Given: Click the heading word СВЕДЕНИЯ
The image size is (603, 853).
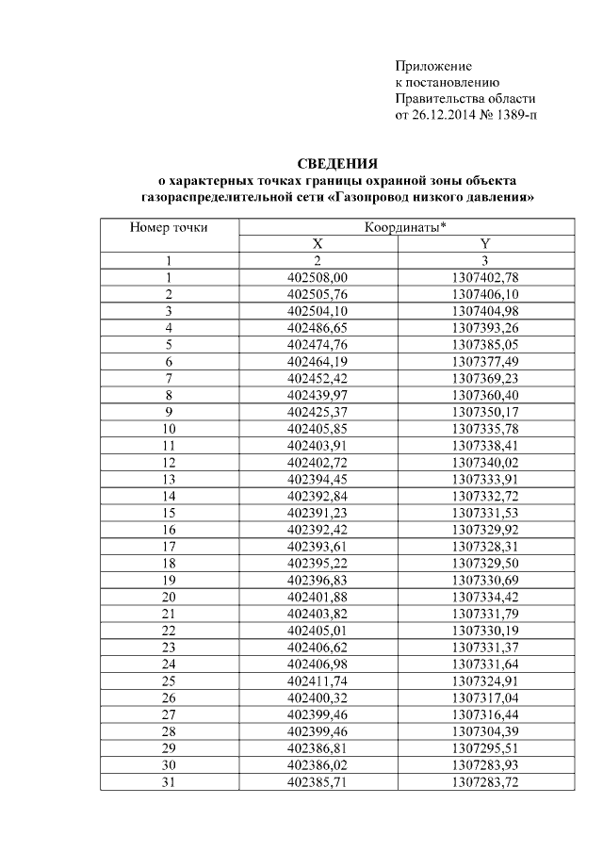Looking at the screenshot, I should pyautogui.click(x=337, y=163).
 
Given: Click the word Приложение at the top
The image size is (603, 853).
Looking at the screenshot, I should pyautogui.click(x=432, y=66).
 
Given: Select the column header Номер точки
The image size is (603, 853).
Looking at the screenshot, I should pyautogui.click(x=169, y=227).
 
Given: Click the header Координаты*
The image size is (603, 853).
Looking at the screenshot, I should pyautogui.click(x=405, y=227).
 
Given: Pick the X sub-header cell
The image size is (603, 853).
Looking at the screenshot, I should pyautogui.click(x=318, y=244).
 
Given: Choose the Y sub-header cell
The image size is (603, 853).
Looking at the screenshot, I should pyautogui.click(x=485, y=244).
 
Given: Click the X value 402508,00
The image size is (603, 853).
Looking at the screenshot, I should pyautogui.click(x=318, y=277).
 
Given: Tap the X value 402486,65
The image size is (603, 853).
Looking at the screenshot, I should pyautogui.click(x=318, y=327).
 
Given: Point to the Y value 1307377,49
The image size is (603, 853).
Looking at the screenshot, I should pyautogui.click(x=485, y=361).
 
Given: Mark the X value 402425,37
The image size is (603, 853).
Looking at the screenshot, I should pyautogui.click(x=318, y=412).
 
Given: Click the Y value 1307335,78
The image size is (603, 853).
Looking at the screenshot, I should pyautogui.click(x=485, y=429).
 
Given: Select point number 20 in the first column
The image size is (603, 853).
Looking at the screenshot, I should pyautogui.click(x=169, y=597).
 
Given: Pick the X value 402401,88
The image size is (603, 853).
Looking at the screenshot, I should pyautogui.click(x=318, y=597).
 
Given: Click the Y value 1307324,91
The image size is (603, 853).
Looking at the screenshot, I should pyautogui.click(x=485, y=681).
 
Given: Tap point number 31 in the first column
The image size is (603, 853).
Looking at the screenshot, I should pyautogui.click(x=169, y=781).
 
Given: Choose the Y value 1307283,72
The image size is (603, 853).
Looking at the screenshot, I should pyautogui.click(x=485, y=781).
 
